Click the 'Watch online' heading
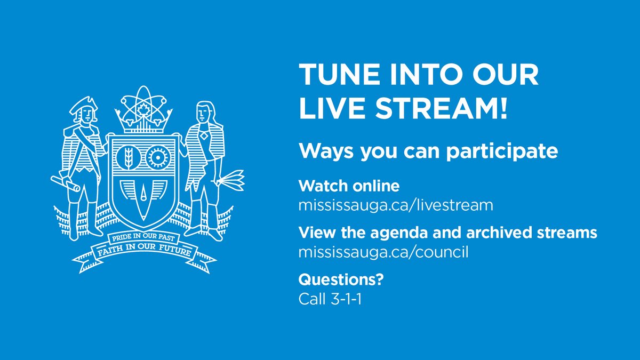(349, 186)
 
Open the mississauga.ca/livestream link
(396, 204)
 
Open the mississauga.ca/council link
(383, 252)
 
